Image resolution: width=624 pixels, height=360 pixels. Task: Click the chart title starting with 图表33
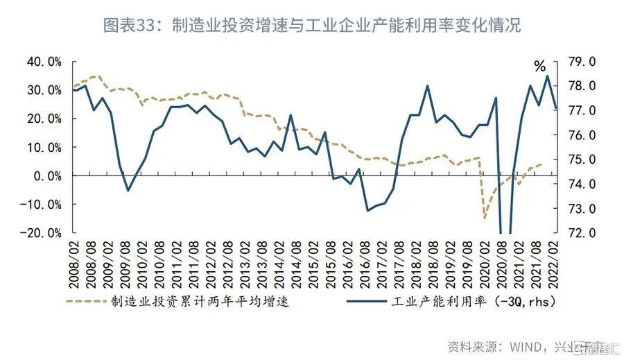pos(311,26)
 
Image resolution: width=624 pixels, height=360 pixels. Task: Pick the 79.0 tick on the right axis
pos(581,62)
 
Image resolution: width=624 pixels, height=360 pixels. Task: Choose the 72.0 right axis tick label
pos(581,233)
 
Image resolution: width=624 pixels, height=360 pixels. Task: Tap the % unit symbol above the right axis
pos(539,67)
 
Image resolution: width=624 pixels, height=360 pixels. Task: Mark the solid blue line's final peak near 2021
pos(548,76)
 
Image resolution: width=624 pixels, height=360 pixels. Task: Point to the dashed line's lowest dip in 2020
pos(485,218)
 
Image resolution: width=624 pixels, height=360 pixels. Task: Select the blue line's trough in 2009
pos(128,190)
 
